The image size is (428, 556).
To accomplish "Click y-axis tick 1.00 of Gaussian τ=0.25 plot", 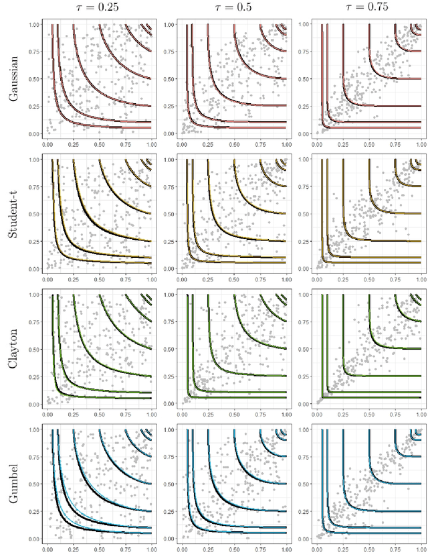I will pos(34,25).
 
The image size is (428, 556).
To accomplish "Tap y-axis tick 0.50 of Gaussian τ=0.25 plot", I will pos(34,79).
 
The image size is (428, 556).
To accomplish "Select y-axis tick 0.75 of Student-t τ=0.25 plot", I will pos(34,187).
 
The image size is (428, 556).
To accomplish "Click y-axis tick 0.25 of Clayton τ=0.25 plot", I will pos(34,376).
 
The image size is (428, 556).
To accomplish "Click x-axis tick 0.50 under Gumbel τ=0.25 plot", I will pos(100,548).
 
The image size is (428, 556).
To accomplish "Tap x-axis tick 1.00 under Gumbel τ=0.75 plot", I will pos(418,548).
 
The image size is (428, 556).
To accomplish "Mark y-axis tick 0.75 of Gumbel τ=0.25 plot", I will pos(34,456).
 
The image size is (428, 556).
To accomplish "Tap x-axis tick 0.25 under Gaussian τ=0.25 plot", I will pos(74,144).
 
